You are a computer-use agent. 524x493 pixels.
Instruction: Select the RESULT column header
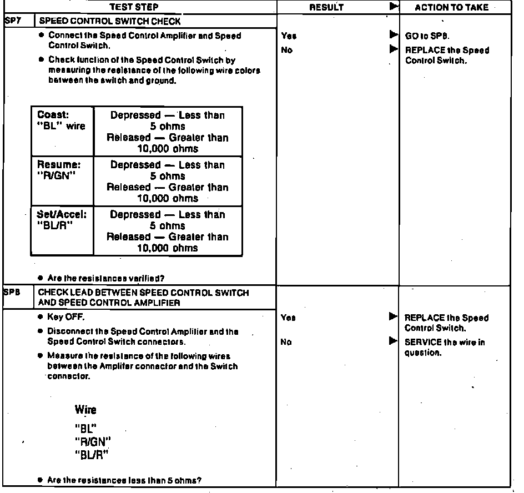(326, 7)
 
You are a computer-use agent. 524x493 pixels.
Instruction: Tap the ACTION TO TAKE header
(452, 7)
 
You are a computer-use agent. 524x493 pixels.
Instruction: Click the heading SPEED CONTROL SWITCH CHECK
(109, 22)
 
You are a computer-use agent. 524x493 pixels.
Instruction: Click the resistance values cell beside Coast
(168, 132)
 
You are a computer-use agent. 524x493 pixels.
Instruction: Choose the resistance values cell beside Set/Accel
(168, 231)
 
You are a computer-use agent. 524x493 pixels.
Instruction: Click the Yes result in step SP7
(289, 36)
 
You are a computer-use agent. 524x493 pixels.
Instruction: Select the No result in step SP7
(287, 50)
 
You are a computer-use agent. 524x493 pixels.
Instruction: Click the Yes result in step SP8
(289, 318)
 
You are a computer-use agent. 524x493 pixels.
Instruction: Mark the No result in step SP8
(286, 343)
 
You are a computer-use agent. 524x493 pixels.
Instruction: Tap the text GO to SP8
(427, 36)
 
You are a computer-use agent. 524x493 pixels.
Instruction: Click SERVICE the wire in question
(444, 348)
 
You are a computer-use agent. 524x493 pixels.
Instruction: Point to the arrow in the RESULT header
(394, 7)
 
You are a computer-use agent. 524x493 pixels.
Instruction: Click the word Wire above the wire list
(85, 410)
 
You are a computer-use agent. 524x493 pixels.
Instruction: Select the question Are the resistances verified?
(105, 278)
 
